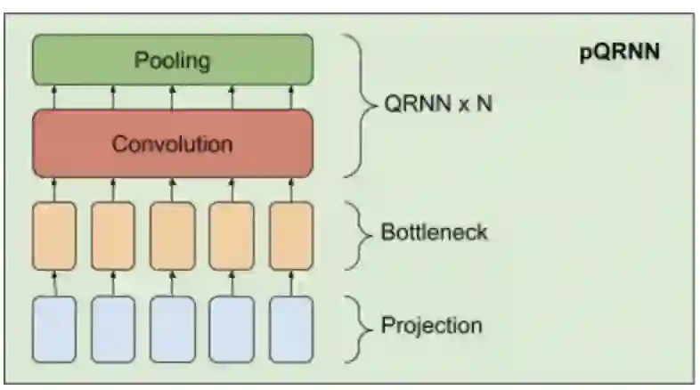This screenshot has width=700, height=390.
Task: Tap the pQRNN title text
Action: [619, 51]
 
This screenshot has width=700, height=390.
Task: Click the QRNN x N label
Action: [437, 104]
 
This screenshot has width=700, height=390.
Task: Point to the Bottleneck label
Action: [434, 233]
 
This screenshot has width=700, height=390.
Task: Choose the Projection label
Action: [431, 325]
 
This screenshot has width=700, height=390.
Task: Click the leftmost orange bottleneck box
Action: [54, 235]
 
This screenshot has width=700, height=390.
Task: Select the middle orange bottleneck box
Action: [173, 235]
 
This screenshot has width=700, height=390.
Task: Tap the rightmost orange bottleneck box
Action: [291, 235]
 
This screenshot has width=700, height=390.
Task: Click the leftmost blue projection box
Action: [54, 329]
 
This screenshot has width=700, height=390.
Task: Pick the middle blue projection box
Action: [173, 329]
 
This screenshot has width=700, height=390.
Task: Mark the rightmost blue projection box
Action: [291, 329]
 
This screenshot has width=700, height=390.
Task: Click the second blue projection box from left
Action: [113, 329]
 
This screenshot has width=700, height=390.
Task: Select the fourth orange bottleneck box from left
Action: [232, 235]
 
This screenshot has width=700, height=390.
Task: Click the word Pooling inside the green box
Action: [172, 61]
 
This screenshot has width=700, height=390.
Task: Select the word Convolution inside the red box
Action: [172, 143]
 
